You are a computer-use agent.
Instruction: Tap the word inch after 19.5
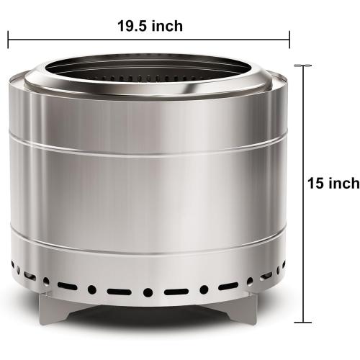point(167,27)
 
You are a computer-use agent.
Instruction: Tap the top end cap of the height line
point(302,66)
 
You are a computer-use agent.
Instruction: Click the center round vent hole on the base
point(148,292)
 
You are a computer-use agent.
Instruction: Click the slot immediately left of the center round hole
point(120,292)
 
